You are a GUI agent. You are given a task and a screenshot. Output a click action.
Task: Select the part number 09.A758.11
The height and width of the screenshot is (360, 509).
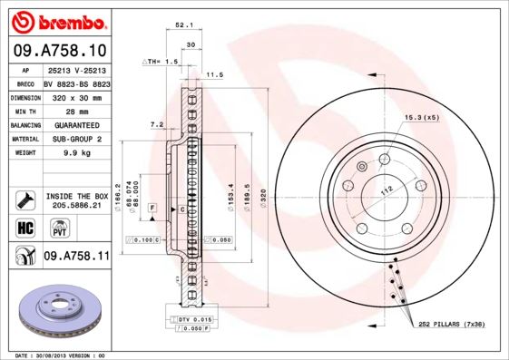click(76, 257)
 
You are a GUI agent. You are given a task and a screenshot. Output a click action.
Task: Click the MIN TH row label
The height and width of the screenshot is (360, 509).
click(24, 111)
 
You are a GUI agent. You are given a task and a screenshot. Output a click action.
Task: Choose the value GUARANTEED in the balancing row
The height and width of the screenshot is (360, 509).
click(76, 124)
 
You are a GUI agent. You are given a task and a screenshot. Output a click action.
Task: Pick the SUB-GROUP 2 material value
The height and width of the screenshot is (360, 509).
click(75, 139)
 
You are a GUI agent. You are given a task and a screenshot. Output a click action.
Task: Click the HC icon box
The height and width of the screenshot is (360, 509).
click(25, 227)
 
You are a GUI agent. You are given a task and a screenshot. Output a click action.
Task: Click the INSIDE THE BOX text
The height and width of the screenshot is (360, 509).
click(76, 196)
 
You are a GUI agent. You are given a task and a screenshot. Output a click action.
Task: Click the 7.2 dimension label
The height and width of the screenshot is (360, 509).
click(155, 123)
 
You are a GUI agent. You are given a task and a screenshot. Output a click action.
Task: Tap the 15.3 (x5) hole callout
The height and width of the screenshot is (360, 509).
click(420, 117)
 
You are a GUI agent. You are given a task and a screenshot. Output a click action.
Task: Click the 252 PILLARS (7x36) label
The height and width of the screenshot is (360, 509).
click(451, 323)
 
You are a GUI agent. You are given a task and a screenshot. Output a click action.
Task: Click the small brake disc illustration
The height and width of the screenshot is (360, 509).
click(55, 309)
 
